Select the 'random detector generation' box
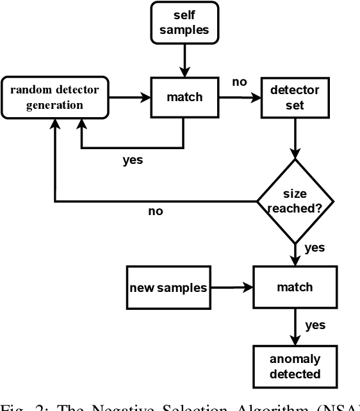tap(54, 97)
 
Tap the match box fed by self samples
tap(184, 97)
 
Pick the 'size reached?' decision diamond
tap(295, 200)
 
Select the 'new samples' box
tap(168, 287)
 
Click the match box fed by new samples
tap(295, 287)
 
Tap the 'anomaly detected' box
tap(295, 367)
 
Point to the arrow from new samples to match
tap(232, 287)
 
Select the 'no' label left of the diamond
tap(155, 211)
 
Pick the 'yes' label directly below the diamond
tap(315, 247)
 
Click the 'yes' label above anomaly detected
tap(315, 325)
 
